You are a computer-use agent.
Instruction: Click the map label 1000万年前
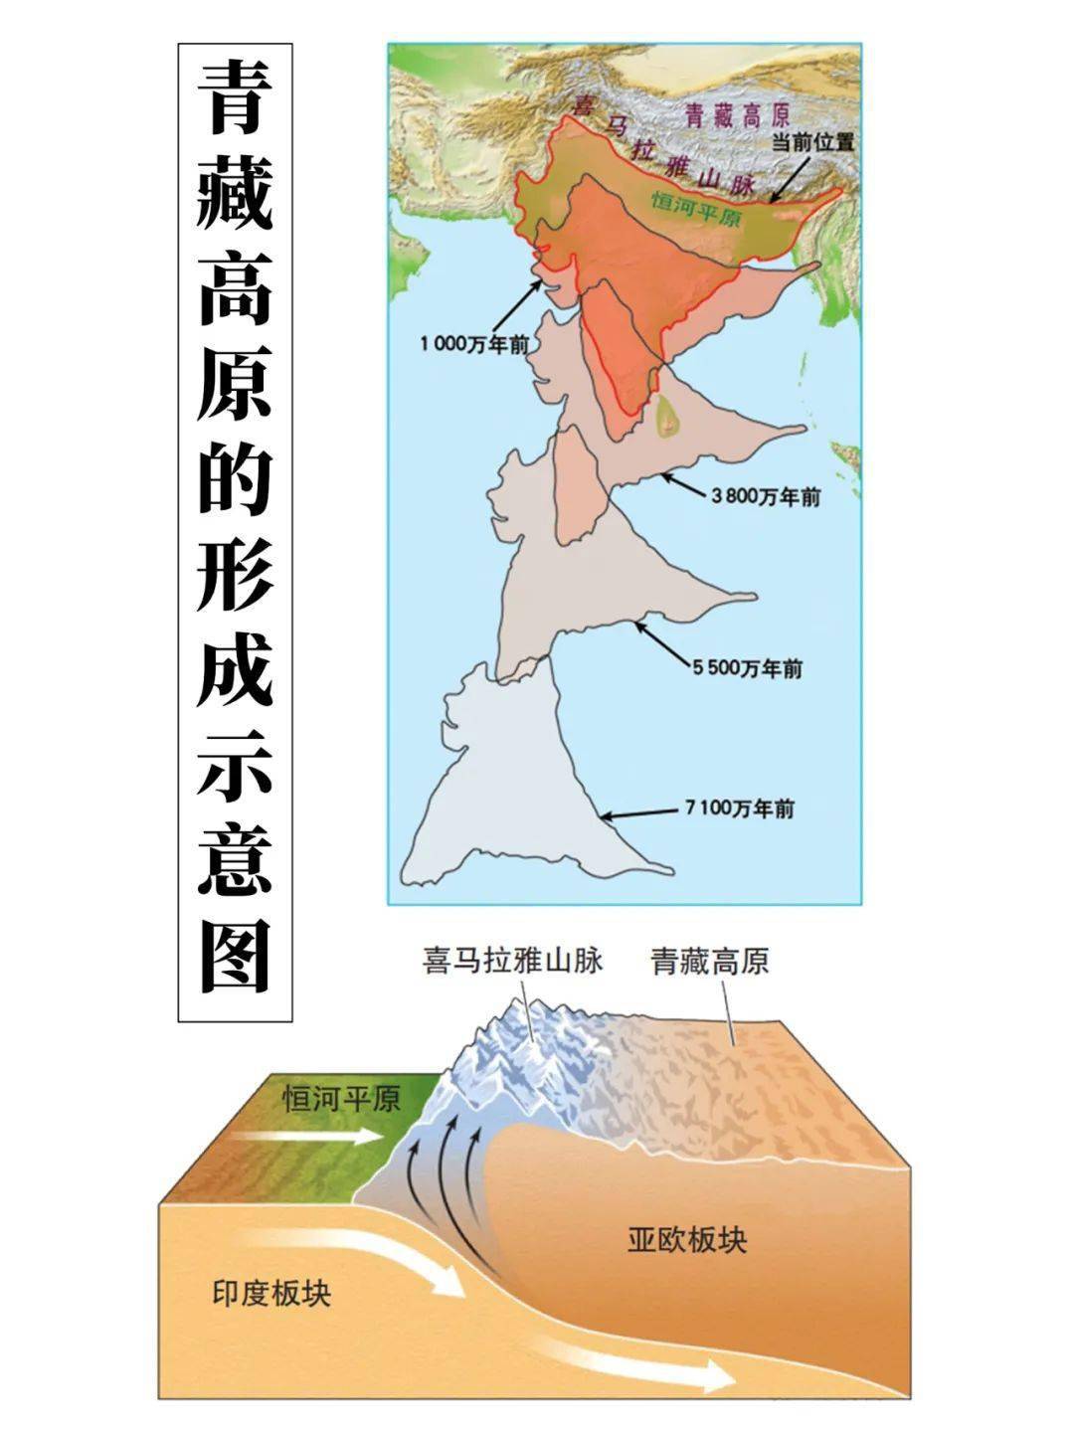point(474,344)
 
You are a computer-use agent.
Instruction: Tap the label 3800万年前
point(766,497)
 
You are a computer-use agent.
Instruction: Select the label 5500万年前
point(748,668)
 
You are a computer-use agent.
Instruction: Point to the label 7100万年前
point(740,808)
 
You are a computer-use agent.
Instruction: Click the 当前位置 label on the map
point(813,142)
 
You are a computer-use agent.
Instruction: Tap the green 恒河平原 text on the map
point(695,209)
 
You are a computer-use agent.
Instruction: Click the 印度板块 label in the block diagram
point(271,1293)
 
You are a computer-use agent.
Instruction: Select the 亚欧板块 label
point(687,1240)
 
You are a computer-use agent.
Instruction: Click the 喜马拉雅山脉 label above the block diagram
point(512,962)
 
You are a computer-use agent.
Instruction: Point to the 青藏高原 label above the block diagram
point(710,962)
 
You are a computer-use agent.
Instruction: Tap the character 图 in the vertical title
point(235,956)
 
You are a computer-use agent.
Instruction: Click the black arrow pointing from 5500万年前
point(661,642)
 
